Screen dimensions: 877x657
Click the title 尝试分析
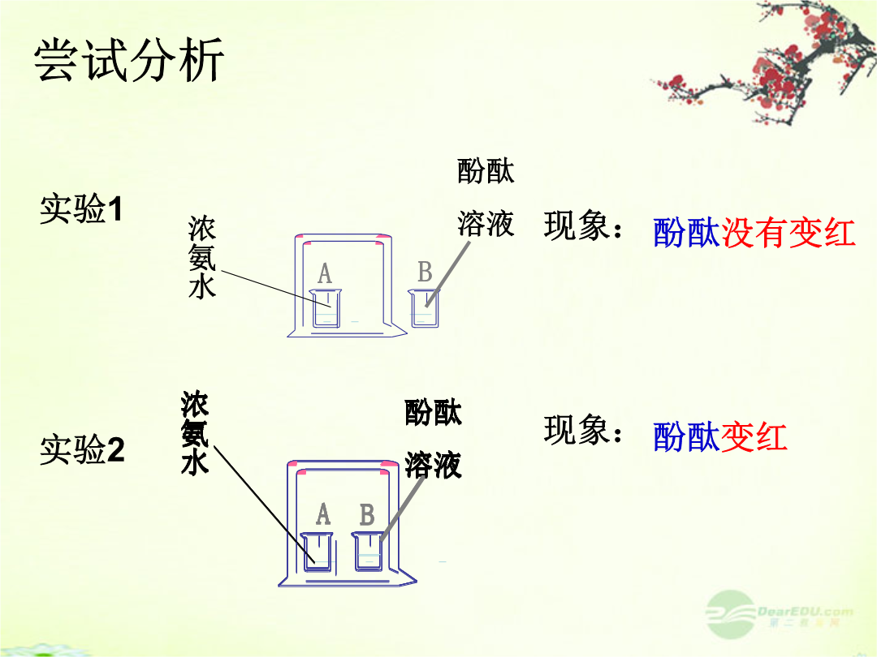pyautogui.click(x=129, y=60)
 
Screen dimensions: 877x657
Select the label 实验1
pyautogui.click(x=81, y=209)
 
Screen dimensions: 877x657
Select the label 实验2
pyautogui.click(x=82, y=449)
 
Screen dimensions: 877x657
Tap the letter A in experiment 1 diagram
pyautogui.click(x=325, y=274)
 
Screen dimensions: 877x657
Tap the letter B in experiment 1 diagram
pyautogui.click(x=425, y=272)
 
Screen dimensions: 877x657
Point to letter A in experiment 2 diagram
pyautogui.click(x=323, y=514)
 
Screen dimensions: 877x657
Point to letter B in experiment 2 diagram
pyautogui.click(x=367, y=514)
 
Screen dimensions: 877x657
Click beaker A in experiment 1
pyautogui.click(x=326, y=308)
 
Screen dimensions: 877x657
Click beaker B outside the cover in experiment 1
pyautogui.click(x=424, y=308)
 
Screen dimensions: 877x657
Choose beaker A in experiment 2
pyautogui.click(x=318, y=552)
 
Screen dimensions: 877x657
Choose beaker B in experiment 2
pyautogui.click(x=368, y=552)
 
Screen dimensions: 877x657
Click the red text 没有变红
pyautogui.click(x=788, y=233)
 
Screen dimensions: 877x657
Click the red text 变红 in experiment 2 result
pyautogui.click(x=754, y=436)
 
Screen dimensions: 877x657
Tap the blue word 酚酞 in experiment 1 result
pyautogui.click(x=687, y=233)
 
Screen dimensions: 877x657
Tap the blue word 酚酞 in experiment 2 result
pyautogui.click(x=686, y=436)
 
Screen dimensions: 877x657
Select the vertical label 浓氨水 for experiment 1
pyautogui.click(x=202, y=257)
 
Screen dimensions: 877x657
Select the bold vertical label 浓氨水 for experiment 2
pyautogui.click(x=195, y=433)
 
